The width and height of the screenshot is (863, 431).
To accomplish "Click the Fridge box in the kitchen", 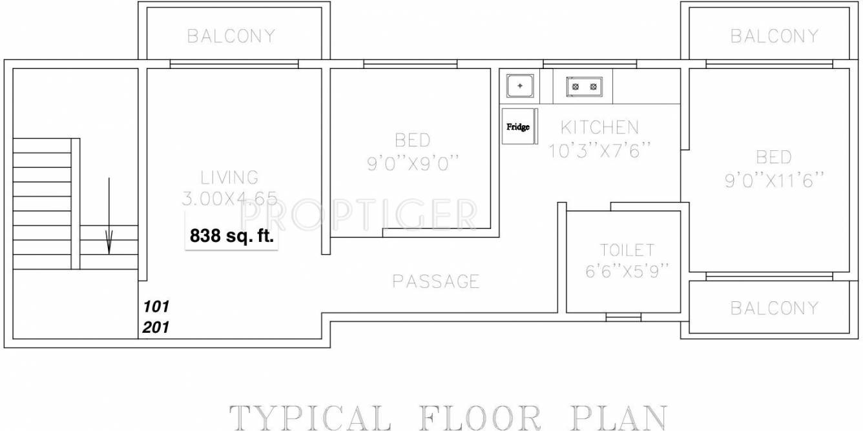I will click(519, 126).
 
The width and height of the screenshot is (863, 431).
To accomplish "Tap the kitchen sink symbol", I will click(519, 86).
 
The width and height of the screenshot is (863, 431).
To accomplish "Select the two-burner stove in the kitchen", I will click(584, 86).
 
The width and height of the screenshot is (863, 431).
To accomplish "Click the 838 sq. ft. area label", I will click(232, 237).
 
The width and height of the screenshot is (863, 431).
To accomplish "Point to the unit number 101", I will click(156, 306).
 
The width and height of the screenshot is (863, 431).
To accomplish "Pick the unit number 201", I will click(156, 327).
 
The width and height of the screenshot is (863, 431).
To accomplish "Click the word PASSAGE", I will click(436, 281).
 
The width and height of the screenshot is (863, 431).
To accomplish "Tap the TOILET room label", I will click(627, 250).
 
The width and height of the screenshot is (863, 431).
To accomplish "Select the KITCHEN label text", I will click(599, 127).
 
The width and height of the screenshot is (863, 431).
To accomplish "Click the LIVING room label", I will click(229, 177).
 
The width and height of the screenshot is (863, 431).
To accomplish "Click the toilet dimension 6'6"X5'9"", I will click(627, 272).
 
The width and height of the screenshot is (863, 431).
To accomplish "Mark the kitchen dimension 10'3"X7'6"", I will click(599, 151).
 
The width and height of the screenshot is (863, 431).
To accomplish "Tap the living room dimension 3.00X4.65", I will click(229, 198).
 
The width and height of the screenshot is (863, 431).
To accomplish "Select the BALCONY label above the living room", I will click(231, 36).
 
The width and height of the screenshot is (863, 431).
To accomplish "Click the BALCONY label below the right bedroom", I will click(774, 308).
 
